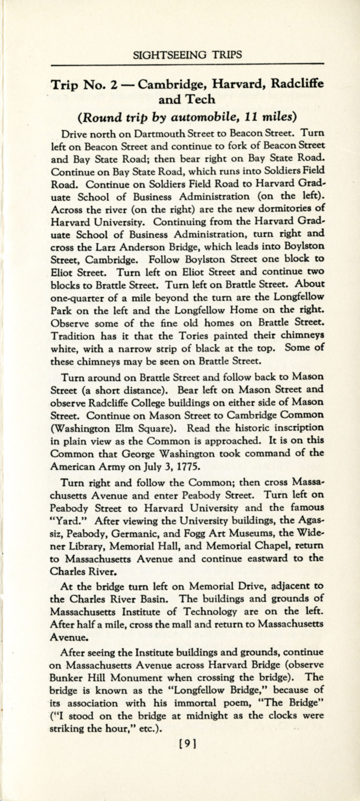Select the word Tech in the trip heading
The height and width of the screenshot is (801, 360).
[x=201, y=99]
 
